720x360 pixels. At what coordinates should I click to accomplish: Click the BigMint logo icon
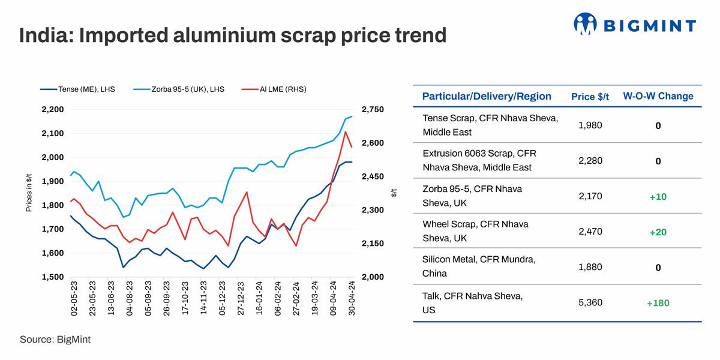point(586,25)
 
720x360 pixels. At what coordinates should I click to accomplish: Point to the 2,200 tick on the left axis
point(52,110)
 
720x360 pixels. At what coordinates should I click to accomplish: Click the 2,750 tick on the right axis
point(372,110)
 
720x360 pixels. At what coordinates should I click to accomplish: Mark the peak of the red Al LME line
point(346,131)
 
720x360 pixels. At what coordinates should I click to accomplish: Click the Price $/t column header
point(590,97)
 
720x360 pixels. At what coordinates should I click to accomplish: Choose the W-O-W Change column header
point(658,97)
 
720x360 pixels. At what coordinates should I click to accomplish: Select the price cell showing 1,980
point(590,125)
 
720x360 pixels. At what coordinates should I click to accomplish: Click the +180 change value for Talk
point(658,303)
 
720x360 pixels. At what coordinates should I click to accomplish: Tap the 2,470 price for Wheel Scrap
point(590,232)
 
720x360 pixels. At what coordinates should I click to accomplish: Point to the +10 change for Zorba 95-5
point(658,197)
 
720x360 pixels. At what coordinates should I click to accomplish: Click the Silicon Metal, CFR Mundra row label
point(479,266)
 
